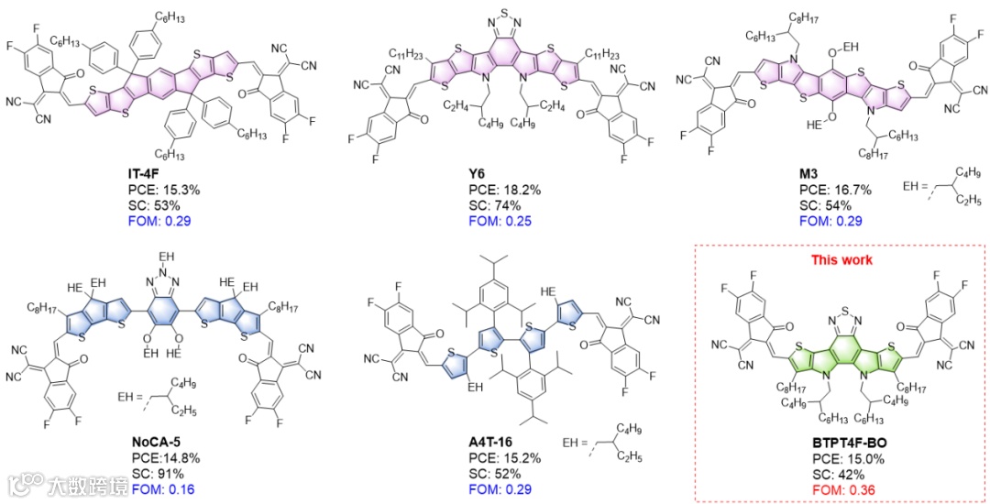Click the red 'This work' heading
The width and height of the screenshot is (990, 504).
tap(841, 260)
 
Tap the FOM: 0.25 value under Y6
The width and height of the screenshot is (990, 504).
tap(500, 221)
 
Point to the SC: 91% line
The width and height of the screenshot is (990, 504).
tap(158, 473)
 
